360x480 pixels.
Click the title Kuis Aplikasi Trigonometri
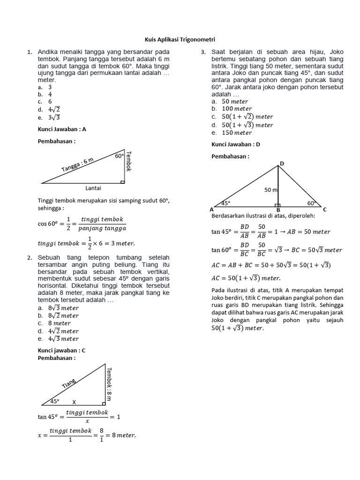point(180,40)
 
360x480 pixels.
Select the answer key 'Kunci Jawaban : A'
point(61,130)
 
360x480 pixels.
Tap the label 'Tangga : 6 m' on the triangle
point(78,165)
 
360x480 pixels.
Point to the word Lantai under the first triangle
point(94,188)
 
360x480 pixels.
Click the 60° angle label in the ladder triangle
point(119,156)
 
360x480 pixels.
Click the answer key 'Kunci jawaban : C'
point(61,350)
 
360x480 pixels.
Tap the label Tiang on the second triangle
point(68,383)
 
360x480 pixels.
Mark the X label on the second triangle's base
point(74,402)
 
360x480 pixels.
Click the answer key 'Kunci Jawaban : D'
point(235,144)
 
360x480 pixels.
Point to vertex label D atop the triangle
point(282,163)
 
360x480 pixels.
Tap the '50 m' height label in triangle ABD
point(271,190)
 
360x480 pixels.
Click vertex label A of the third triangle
point(212,210)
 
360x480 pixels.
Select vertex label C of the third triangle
point(325,210)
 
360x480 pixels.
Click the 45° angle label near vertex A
point(225,203)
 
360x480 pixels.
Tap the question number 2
point(30,258)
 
